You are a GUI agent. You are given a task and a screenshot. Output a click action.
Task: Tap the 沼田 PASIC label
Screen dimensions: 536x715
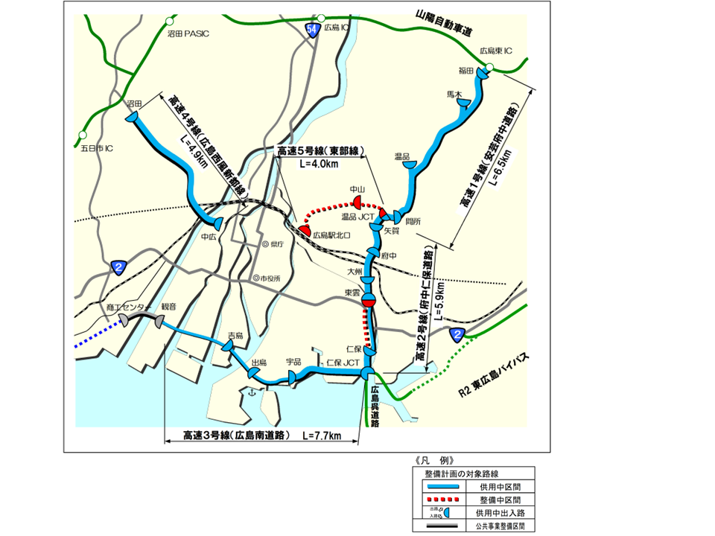click(188, 33)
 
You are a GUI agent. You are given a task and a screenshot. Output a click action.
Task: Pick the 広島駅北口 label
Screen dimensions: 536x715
click(331, 234)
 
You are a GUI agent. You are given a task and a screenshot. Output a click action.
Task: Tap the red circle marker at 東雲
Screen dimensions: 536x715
click(367, 302)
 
